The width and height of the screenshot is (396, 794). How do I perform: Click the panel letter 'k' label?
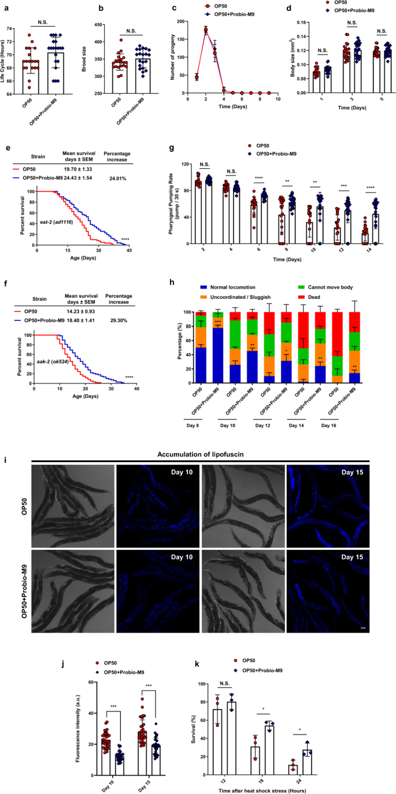199,663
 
